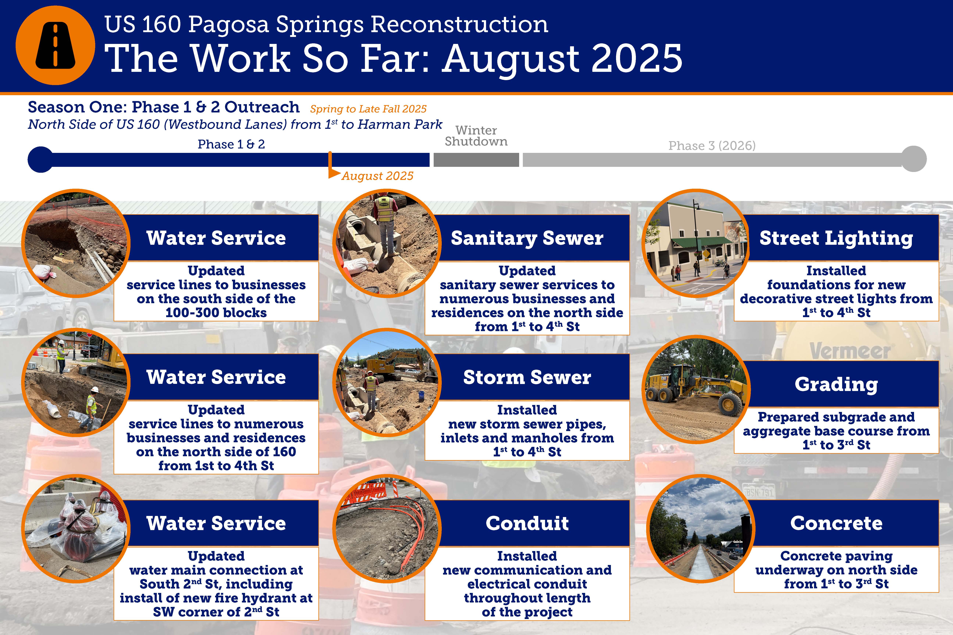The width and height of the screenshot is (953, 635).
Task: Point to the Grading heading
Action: [x=836, y=384]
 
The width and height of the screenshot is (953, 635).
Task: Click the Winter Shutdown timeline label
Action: [x=476, y=136]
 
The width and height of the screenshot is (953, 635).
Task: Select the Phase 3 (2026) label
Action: [x=712, y=145]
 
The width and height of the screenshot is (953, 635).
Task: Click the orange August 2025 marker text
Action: [x=377, y=176]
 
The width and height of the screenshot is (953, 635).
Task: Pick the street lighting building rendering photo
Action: [x=696, y=243]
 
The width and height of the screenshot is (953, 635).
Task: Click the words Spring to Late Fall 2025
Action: [x=368, y=109]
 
